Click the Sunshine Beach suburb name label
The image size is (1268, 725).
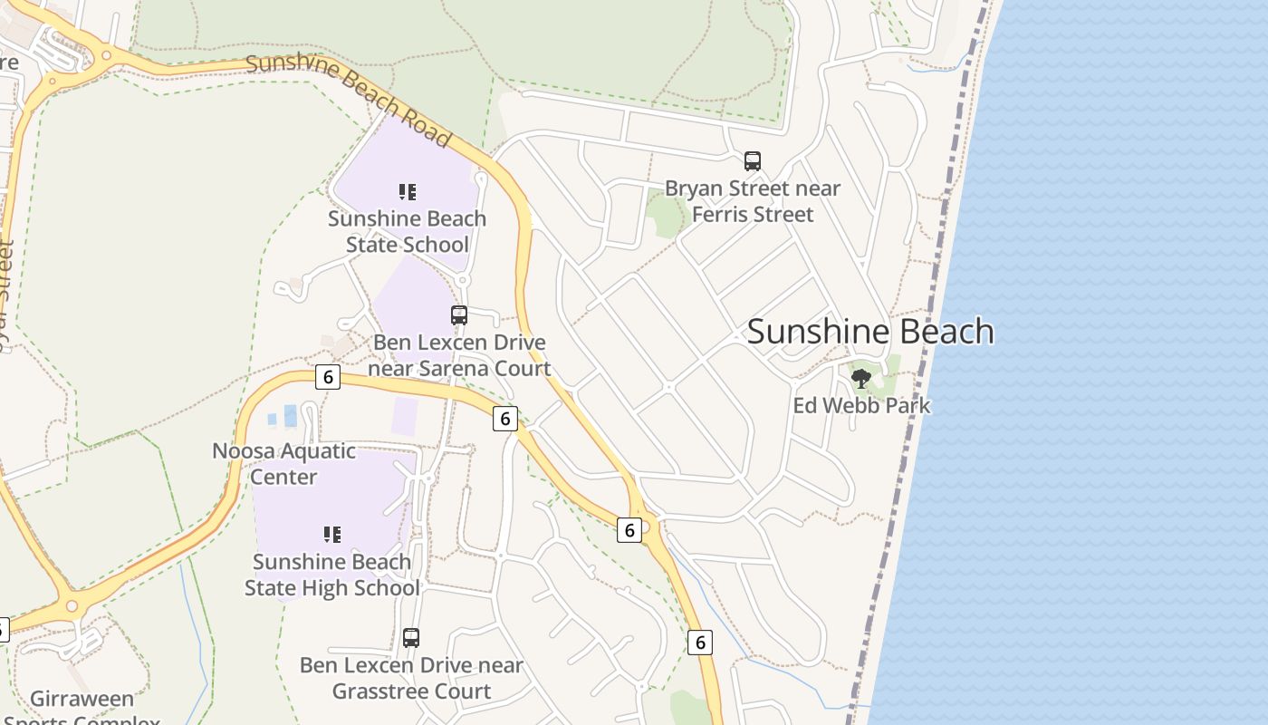point(869,332)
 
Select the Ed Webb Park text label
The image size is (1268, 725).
point(861,405)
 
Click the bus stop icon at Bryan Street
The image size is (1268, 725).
point(753,161)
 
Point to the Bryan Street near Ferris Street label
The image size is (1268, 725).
point(752,201)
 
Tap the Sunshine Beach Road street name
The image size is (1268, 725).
point(349,99)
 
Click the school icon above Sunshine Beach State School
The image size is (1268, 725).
point(408,191)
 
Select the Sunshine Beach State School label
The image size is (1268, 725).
point(407,232)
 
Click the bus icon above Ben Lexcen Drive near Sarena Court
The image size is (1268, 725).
point(459,315)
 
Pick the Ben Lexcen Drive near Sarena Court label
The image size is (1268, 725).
point(460,355)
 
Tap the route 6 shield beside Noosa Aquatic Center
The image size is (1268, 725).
point(327,377)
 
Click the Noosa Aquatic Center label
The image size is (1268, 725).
point(283,463)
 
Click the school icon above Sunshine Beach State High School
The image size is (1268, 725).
point(332,535)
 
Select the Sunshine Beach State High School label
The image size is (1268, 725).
point(332,575)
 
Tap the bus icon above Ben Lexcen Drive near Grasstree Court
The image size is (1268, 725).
point(411,637)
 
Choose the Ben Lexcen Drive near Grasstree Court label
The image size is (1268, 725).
point(411,678)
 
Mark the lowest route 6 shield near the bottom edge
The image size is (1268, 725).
point(699,643)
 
